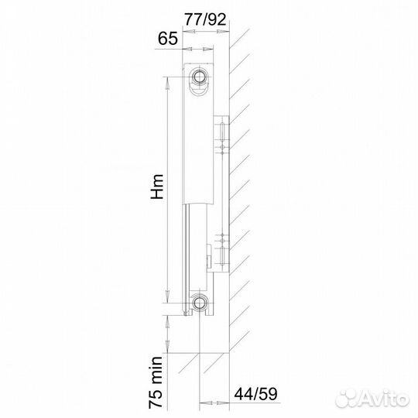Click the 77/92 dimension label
tap(205, 19)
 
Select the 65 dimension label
tap(168, 38)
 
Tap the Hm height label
tap(157, 187)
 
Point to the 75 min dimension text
tap(156, 382)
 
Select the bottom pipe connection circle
tap(199, 303)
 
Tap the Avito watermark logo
tap(372, 399)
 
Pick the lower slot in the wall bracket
tap(221, 255)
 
